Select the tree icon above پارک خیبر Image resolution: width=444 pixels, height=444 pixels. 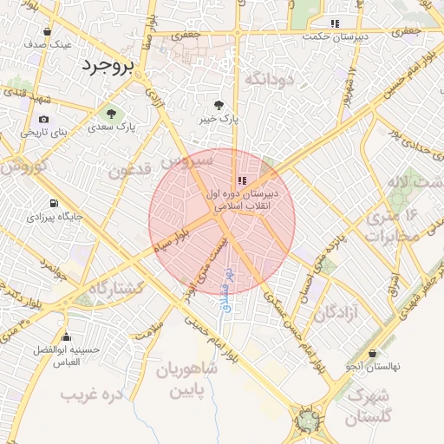230,104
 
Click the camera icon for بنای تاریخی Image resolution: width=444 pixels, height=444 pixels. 43,119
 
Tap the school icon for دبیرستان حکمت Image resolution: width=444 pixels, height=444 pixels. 335,23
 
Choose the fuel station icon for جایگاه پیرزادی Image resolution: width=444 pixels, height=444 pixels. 55,204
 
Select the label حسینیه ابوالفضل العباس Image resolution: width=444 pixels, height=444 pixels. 57,356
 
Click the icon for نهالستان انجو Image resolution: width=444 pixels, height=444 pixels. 372,353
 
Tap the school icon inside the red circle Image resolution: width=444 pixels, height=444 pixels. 241,180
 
